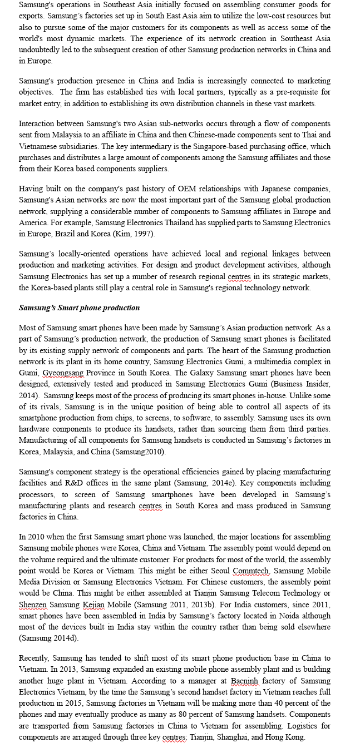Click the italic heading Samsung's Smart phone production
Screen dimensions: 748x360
pos(79,308)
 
